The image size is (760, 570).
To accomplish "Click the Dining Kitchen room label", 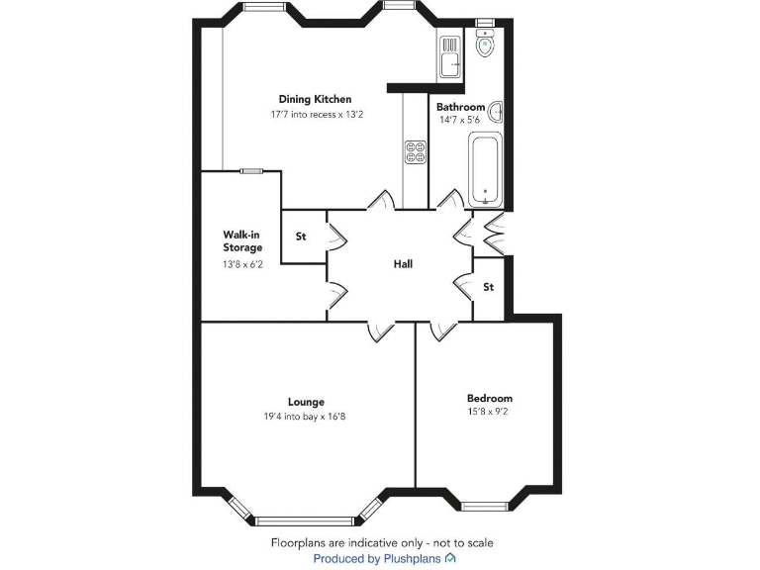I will (315, 99).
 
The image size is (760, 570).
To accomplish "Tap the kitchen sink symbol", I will (450, 57).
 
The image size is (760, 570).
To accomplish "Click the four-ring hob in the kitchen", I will (415, 151).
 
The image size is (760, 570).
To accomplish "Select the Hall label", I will (403, 264).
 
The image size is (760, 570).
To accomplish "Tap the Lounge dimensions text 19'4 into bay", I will (306, 417).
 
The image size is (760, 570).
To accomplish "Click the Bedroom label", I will (490, 398).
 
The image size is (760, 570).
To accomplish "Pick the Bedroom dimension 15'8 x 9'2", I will (490, 412).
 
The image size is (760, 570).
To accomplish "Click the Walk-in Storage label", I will (242, 241).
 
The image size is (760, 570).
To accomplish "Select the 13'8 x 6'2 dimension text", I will (242, 265).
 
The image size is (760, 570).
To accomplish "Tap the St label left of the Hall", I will (301, 237).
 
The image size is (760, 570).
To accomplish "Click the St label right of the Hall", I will (488, 288).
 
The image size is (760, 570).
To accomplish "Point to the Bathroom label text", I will (460, 107).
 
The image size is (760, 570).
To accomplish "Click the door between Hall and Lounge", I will (380, 332).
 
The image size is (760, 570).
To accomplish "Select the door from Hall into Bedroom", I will (443, 332).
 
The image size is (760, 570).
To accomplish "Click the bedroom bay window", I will (489, 506).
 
